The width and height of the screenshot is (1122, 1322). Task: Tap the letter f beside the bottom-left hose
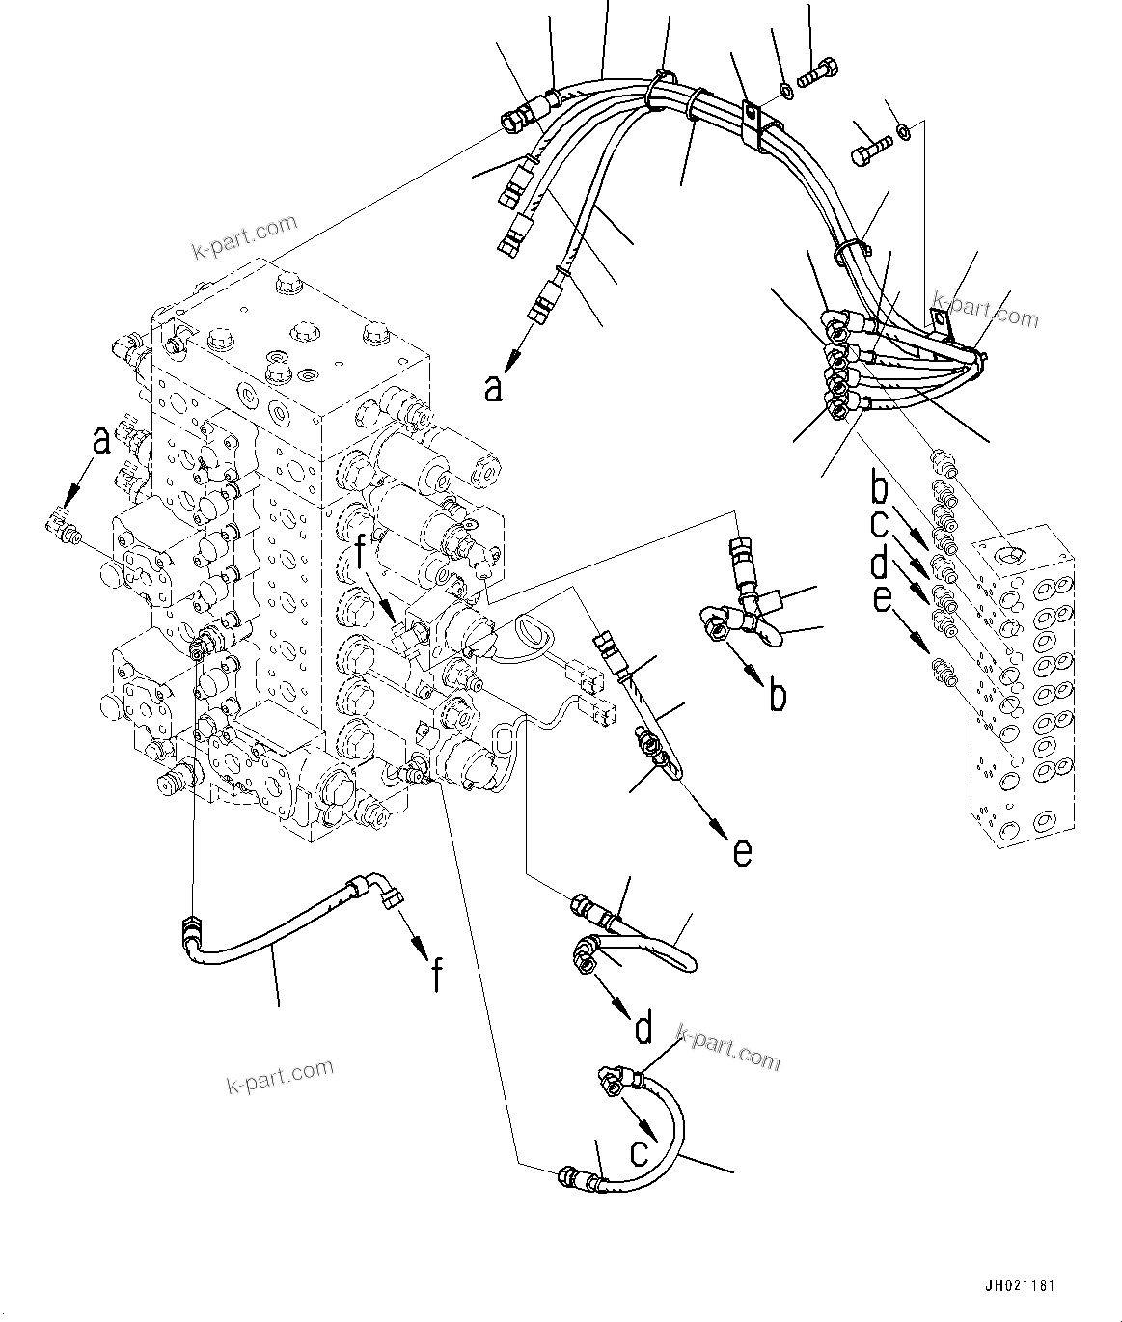pos(436,976)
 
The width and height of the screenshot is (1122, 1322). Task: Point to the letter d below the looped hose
pos(643,1027)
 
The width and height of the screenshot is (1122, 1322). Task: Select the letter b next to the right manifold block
pos(878,487)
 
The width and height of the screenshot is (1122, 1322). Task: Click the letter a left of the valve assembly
pos(100,441)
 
